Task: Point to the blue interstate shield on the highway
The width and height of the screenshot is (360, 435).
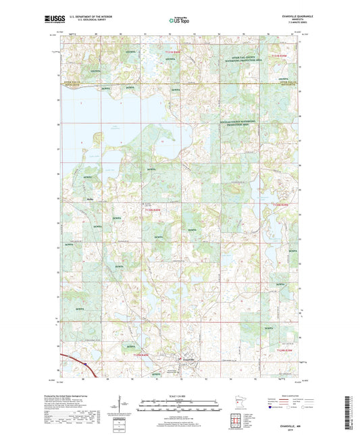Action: click(x=87, y=363)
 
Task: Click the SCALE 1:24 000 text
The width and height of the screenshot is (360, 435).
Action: click(x=180, y=395)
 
